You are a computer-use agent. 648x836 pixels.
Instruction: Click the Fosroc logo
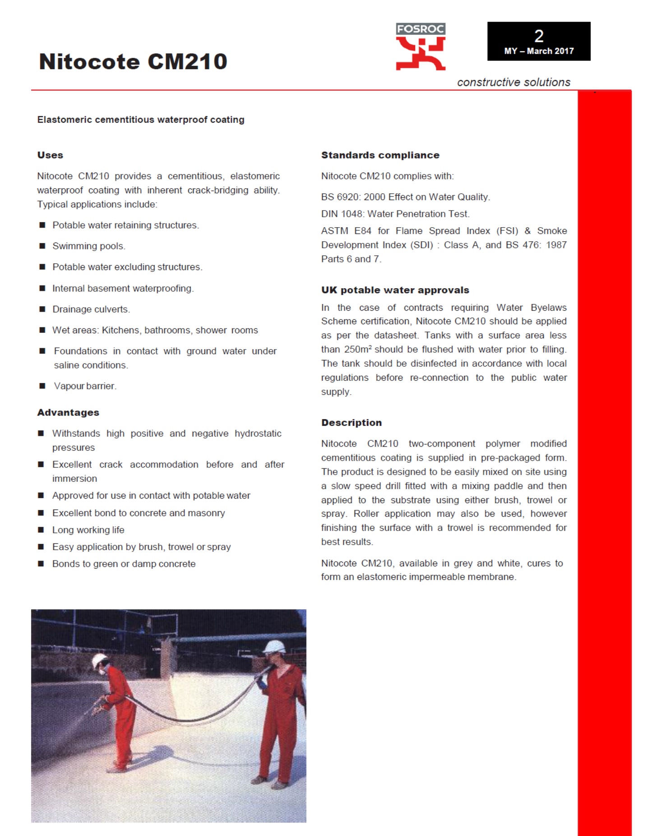(421, 47)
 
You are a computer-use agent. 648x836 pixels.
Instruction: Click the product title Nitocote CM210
(133, 61)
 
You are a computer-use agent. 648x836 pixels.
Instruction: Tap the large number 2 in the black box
(539, 36)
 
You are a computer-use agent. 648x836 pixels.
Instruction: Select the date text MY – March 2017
(539, 51)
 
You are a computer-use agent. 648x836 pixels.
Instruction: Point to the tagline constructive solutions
(514, 82)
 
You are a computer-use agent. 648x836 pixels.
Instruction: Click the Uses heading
(50, 155)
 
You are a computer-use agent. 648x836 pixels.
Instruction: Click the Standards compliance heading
(380, 155)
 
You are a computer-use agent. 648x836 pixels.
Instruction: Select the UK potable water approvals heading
(395, 290)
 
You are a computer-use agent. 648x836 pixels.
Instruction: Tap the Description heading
(351, 423)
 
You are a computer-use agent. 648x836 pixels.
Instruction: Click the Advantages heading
(68, 412)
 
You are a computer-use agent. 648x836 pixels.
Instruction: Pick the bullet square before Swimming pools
(42, 246)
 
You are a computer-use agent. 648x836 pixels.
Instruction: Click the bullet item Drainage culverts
(91, 309)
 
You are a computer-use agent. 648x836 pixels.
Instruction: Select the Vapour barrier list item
(85, 386)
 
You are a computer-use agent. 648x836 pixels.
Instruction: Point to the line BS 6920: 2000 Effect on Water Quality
(405, 197)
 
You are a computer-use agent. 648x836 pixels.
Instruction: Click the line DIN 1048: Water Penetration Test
(395, 214)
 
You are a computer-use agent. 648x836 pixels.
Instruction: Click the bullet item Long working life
(88, 530)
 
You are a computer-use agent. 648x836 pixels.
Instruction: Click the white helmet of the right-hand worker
(274, 646)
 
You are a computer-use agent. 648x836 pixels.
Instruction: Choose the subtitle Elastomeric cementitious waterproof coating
(141, 120)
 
